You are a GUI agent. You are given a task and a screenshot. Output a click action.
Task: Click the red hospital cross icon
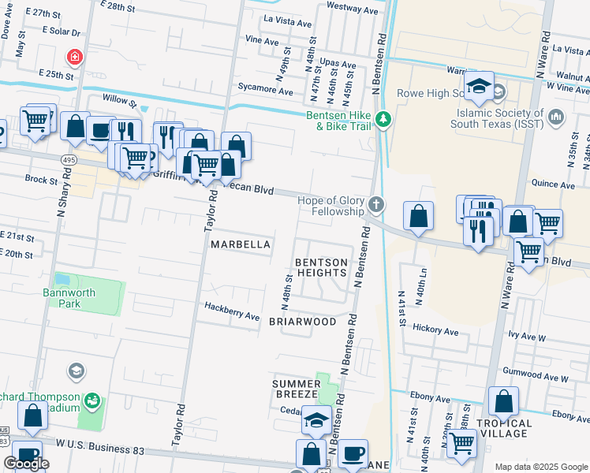coord(75,57)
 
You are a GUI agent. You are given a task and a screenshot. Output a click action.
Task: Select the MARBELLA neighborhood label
coord(241,245)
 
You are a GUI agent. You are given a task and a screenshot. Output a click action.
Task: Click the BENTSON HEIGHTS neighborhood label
coord(320,267)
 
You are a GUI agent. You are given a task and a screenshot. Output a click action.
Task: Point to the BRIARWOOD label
coord(302,322)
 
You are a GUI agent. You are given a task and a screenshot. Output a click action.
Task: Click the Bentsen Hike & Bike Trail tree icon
coord(383,120)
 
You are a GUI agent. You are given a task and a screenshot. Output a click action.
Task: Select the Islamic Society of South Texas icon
coord(556,117)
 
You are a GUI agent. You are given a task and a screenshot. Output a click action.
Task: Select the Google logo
coord(27,464)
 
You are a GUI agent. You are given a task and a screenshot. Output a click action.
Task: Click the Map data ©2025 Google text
coord(541,467)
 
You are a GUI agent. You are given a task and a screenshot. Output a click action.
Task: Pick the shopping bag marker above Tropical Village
coord(503,402)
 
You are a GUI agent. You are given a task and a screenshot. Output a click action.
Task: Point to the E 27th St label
coord(43,15)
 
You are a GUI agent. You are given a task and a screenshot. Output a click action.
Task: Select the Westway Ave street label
coord(352,11)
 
